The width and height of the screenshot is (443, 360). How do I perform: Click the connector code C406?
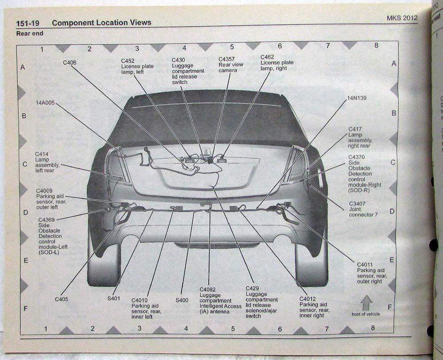click(70, 63)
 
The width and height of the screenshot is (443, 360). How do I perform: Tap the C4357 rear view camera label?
click(231, 65)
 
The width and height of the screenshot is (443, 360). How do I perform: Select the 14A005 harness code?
click(45, 103)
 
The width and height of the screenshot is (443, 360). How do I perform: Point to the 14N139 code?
click(357, 98)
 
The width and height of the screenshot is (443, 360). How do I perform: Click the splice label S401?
click(113, 298)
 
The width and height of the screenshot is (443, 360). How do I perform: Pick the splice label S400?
click(182, 300)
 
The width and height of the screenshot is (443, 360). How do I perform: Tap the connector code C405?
click(62, 299)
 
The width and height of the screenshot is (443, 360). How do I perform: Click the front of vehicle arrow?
click(366, 304)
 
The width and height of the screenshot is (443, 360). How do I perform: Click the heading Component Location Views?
click(101, 23)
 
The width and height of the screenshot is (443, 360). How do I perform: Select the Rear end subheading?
click(30, 33)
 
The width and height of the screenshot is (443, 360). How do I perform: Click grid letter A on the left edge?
click(23, 67)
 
